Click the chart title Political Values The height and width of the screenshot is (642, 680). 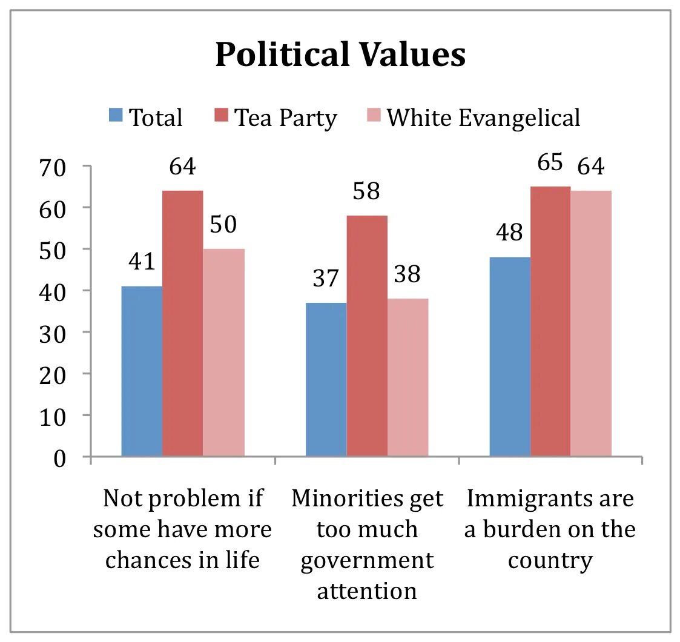click(340, 55)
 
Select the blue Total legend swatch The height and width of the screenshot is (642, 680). click(116, 116)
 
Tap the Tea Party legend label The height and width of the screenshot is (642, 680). click(285, 117)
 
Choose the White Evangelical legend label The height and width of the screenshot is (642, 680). click(483, 117)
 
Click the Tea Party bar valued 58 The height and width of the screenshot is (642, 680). click(367, 336)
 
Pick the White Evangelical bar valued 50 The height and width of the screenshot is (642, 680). click(224, 352)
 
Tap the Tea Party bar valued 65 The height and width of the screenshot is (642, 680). click(550, 321)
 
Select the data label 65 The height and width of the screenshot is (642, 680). click(549, 162)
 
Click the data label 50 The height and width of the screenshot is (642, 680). click(224, 225)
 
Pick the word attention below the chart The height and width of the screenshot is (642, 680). click(367, 590)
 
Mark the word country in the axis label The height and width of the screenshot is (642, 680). click(550, 560)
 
